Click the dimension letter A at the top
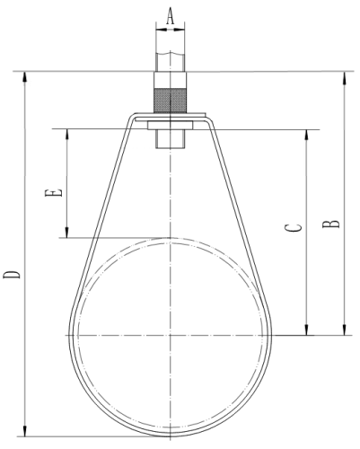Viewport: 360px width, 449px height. point(170,16)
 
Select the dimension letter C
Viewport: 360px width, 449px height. point(293,228)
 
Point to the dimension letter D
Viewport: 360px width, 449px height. point(12,275)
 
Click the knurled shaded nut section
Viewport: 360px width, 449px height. point(170,101)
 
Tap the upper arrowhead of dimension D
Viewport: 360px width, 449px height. point(25,77)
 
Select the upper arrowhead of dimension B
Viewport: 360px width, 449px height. point(345,77)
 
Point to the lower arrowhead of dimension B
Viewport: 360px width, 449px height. point(345,330)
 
